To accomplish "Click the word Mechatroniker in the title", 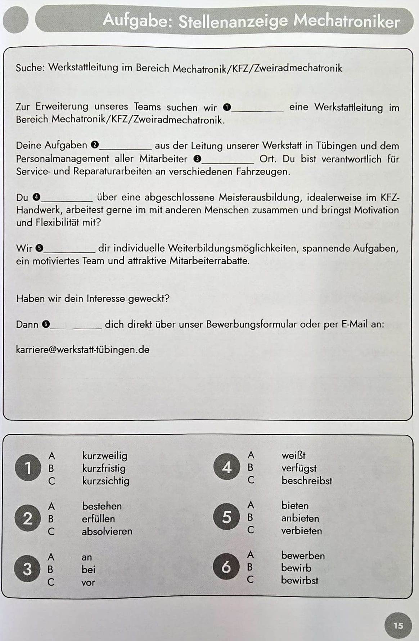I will (347, 21).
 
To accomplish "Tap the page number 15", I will (398, 626).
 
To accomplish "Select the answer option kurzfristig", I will (104, 468).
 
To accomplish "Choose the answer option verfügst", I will (299, 468).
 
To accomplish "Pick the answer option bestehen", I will (102, 506).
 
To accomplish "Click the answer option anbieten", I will (300, 518).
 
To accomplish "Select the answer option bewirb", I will (296, 568).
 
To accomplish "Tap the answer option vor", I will (88, 582).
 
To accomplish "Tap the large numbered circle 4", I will (226, 467).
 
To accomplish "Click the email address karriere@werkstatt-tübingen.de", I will (83, 350).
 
